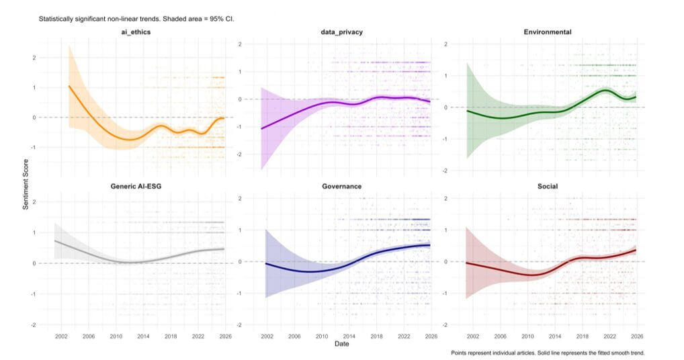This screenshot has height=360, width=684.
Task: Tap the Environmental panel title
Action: tap(548, 32)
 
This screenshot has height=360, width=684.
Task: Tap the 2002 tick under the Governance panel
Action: tap(266, 335)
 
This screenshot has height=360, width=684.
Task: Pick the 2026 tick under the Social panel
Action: tap(637, 335)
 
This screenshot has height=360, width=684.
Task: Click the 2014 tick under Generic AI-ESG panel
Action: tap(142, 335)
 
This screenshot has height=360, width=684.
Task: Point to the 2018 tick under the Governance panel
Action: tap(376, 335)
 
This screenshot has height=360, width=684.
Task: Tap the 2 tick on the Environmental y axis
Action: tap(445, 44)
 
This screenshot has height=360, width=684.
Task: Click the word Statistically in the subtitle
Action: tap(56, 19)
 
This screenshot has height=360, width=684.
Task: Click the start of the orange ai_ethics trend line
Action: tap(69, 86)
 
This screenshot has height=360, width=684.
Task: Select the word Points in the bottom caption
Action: tap(462, 352)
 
